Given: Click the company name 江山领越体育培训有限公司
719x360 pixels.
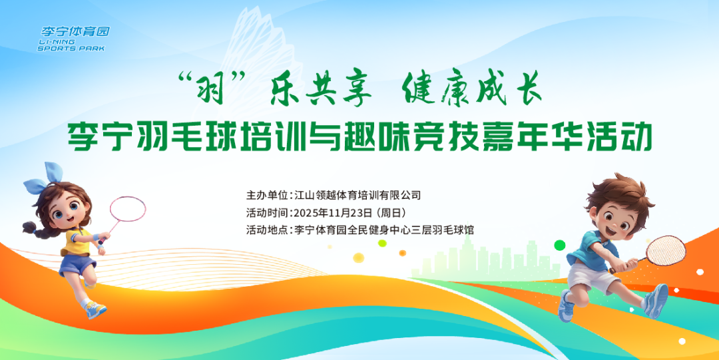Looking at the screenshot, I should point(358,196).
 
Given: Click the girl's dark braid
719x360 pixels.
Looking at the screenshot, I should point(37,230).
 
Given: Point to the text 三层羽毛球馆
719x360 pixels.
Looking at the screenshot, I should point(442,230).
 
